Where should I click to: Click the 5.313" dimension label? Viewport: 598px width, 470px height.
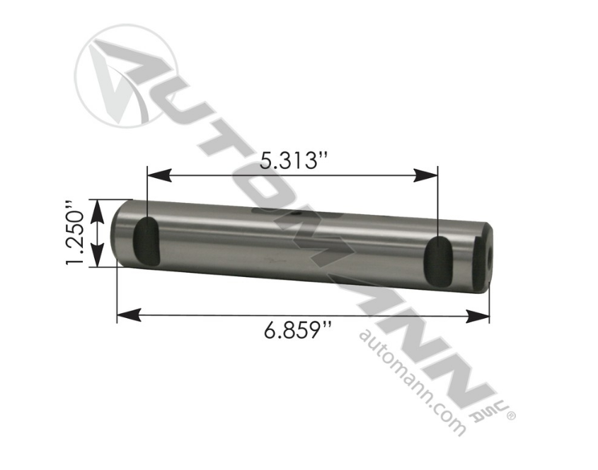point(294,160)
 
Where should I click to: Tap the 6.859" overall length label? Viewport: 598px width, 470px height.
point(297,330)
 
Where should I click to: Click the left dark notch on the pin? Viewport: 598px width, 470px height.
point(146,240)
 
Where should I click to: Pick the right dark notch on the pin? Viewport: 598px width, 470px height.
point(439,261)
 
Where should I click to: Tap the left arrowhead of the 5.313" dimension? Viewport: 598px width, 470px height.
point(159,175)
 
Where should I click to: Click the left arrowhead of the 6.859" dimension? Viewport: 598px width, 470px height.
point(129,315)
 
